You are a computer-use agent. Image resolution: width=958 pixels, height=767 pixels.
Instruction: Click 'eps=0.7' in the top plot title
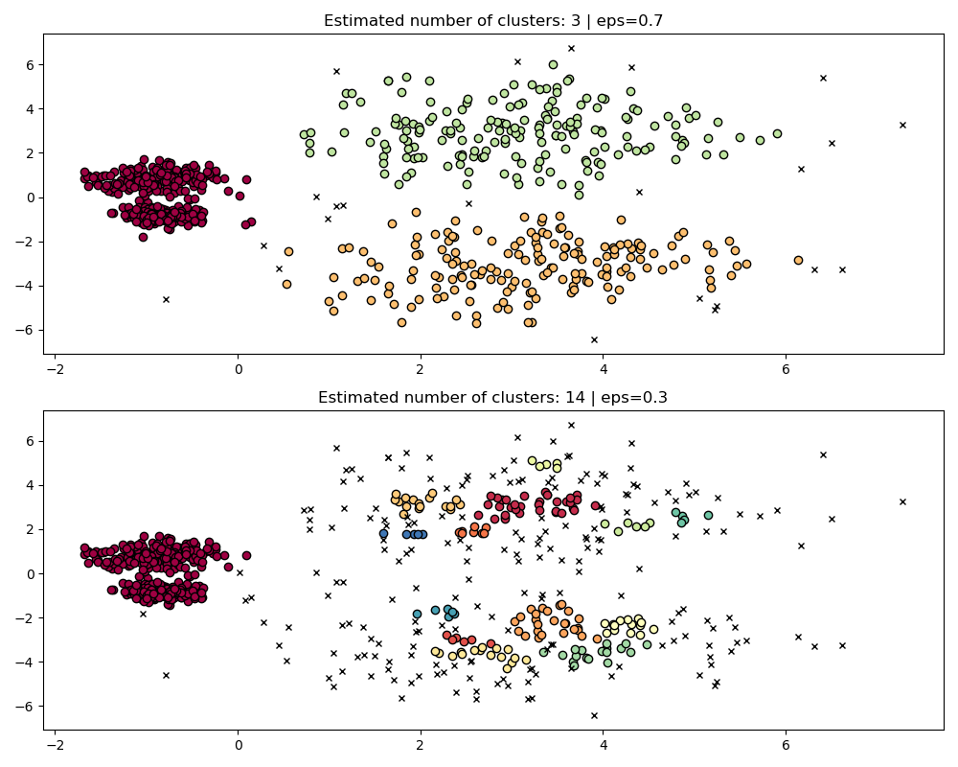(x=631, y=21)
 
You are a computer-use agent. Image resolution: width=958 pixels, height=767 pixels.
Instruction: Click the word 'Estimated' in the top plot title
(x=360, y=21)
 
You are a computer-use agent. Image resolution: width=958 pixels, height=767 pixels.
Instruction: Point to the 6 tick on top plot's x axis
(x=786, y=369)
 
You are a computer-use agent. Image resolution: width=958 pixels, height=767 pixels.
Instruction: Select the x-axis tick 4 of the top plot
(x=603, y=369)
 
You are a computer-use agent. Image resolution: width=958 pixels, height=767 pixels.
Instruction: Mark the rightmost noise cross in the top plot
(x=902, y=125)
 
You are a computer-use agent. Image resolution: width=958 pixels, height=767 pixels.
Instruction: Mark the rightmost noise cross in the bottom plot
(x=902, y=501)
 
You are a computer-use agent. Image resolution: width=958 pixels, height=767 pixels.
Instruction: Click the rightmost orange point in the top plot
(x=798, y=260)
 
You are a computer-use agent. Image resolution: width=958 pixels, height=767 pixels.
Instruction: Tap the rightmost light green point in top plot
(x=777, y=134)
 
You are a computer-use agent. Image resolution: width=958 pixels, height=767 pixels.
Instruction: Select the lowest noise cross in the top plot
(x=594, y=339)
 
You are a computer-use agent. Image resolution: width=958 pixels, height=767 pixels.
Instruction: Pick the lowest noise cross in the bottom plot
(x=594, y=715)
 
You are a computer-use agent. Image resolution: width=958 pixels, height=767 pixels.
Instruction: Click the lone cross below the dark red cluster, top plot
(x=166, y=299)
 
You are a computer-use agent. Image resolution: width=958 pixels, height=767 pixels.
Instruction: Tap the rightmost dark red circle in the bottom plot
(x=595, y=505)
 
